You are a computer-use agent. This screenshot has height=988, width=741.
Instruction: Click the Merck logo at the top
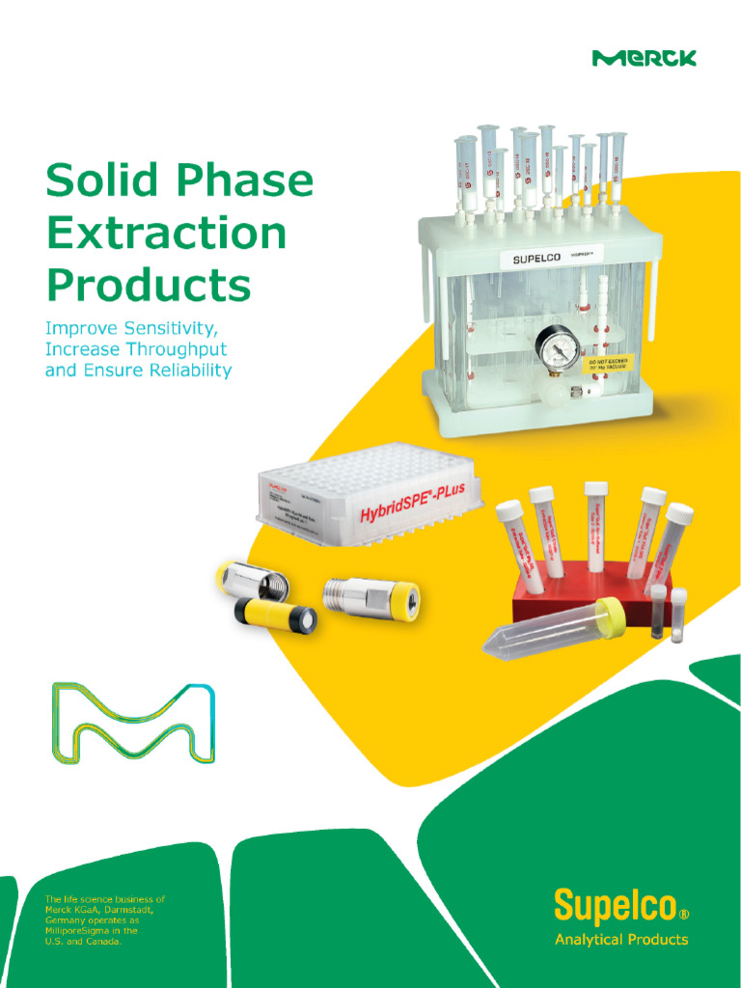click(x=644, y=58)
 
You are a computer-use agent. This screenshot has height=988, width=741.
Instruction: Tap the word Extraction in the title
click(x=166, y=234)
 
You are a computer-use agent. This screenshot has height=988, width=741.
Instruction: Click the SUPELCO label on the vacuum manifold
click(x=531, y=260)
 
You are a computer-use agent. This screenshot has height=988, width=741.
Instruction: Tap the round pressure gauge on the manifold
click(x=556, y=351)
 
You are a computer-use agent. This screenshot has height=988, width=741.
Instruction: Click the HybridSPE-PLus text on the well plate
click(x=412, y=503)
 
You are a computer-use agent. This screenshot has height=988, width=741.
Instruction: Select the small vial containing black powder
click(x=658, y=611)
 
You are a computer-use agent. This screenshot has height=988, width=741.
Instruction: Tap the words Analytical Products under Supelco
click(x=621, y=939)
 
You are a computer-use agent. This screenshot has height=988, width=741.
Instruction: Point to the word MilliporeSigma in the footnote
click(x=76, y=931)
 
